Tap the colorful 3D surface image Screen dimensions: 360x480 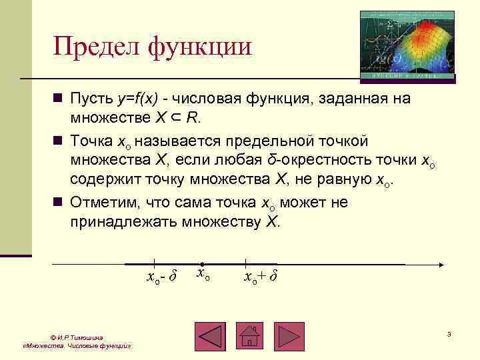coord(407,46)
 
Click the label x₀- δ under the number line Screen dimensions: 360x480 coord(161,276)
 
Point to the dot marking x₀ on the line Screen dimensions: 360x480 coord(202,264)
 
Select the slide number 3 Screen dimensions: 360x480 coord(449,333)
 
